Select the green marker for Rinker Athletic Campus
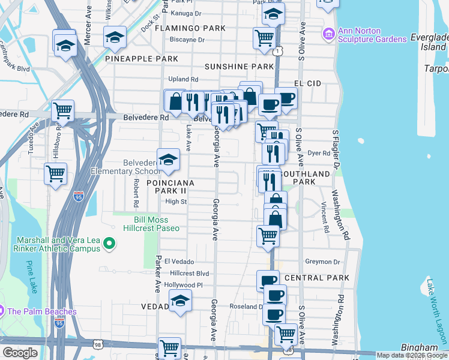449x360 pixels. (x=109, y=244)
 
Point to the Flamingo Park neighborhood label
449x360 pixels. (x=190, y=28)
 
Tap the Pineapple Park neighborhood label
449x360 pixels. (x=141, y=59)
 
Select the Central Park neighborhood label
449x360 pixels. (x=317, y=278)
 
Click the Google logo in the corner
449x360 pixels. (x=20, y=353)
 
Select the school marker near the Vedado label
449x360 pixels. (x=180, y=301)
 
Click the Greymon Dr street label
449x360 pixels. (x=322, y=262)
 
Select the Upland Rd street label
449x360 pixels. (x=183, y=79)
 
